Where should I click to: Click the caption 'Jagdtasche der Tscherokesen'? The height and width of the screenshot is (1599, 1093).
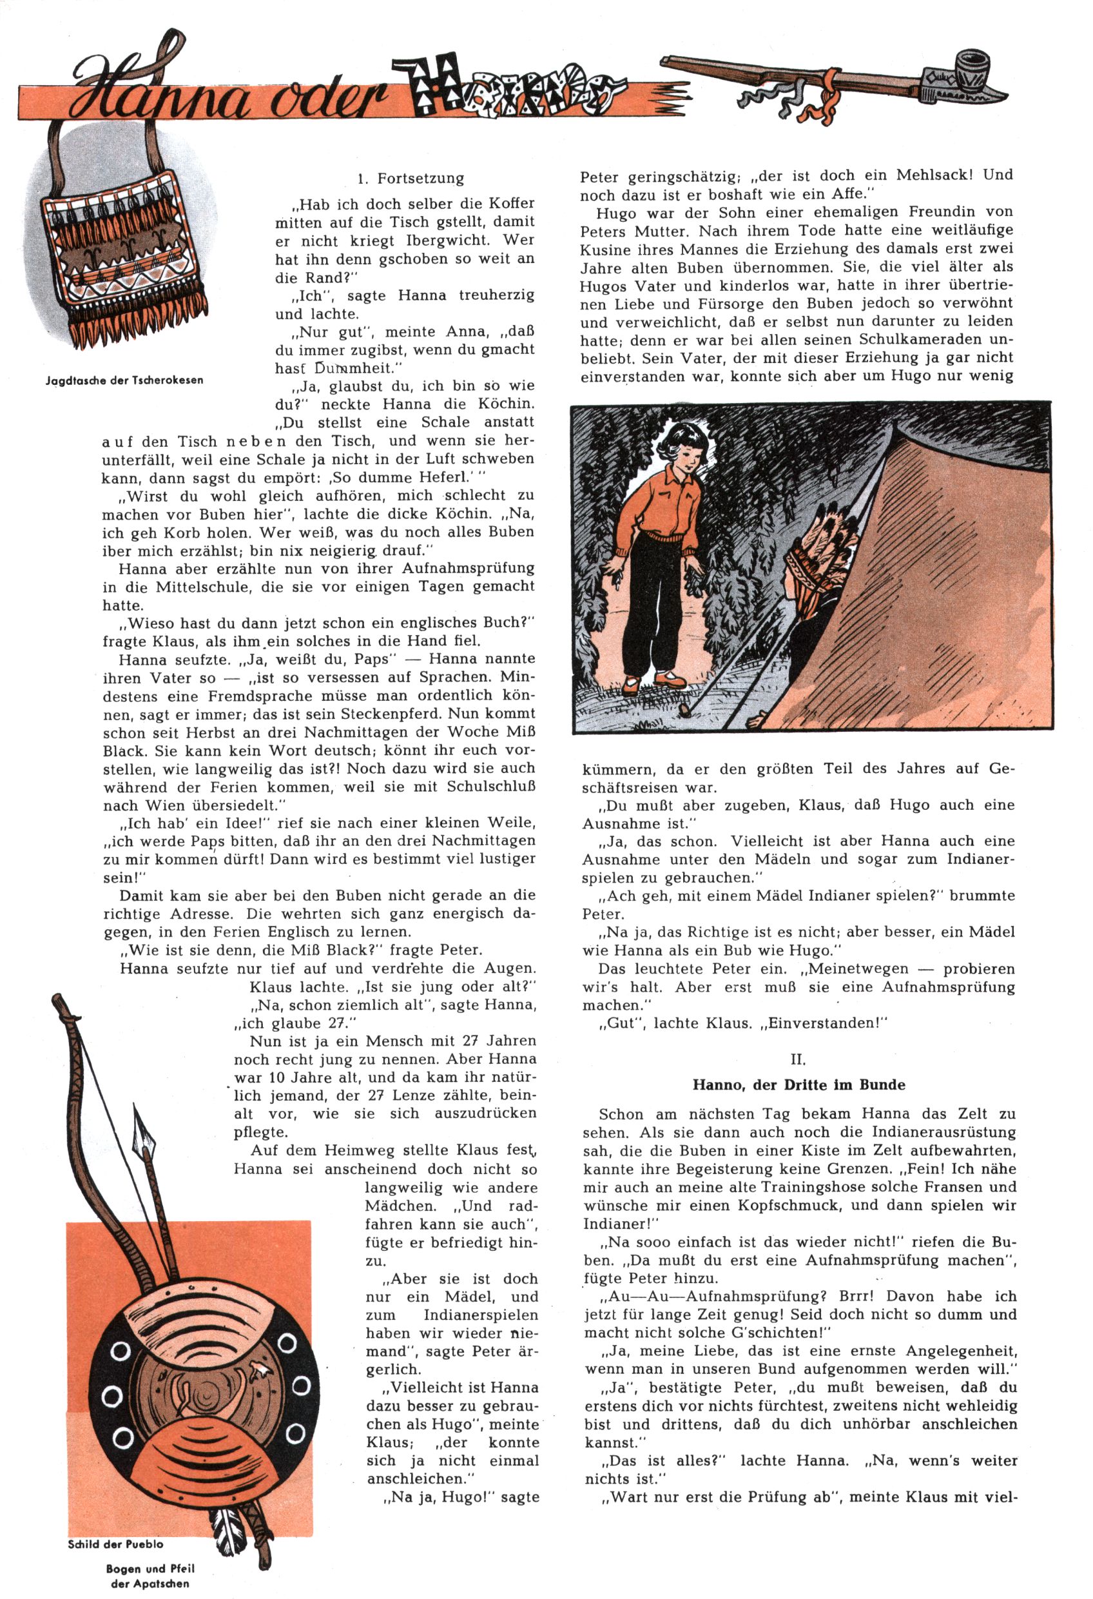pyautogui.click(x=124, y=380)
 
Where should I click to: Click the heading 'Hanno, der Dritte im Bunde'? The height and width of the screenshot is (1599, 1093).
pyautogui.click(x=798, y=1085)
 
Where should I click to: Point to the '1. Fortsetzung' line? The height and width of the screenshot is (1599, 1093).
pyautogui.click(x=411, y=179)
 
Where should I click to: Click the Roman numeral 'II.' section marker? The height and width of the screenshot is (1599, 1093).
pyautogui.click(x=797, y=1059)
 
